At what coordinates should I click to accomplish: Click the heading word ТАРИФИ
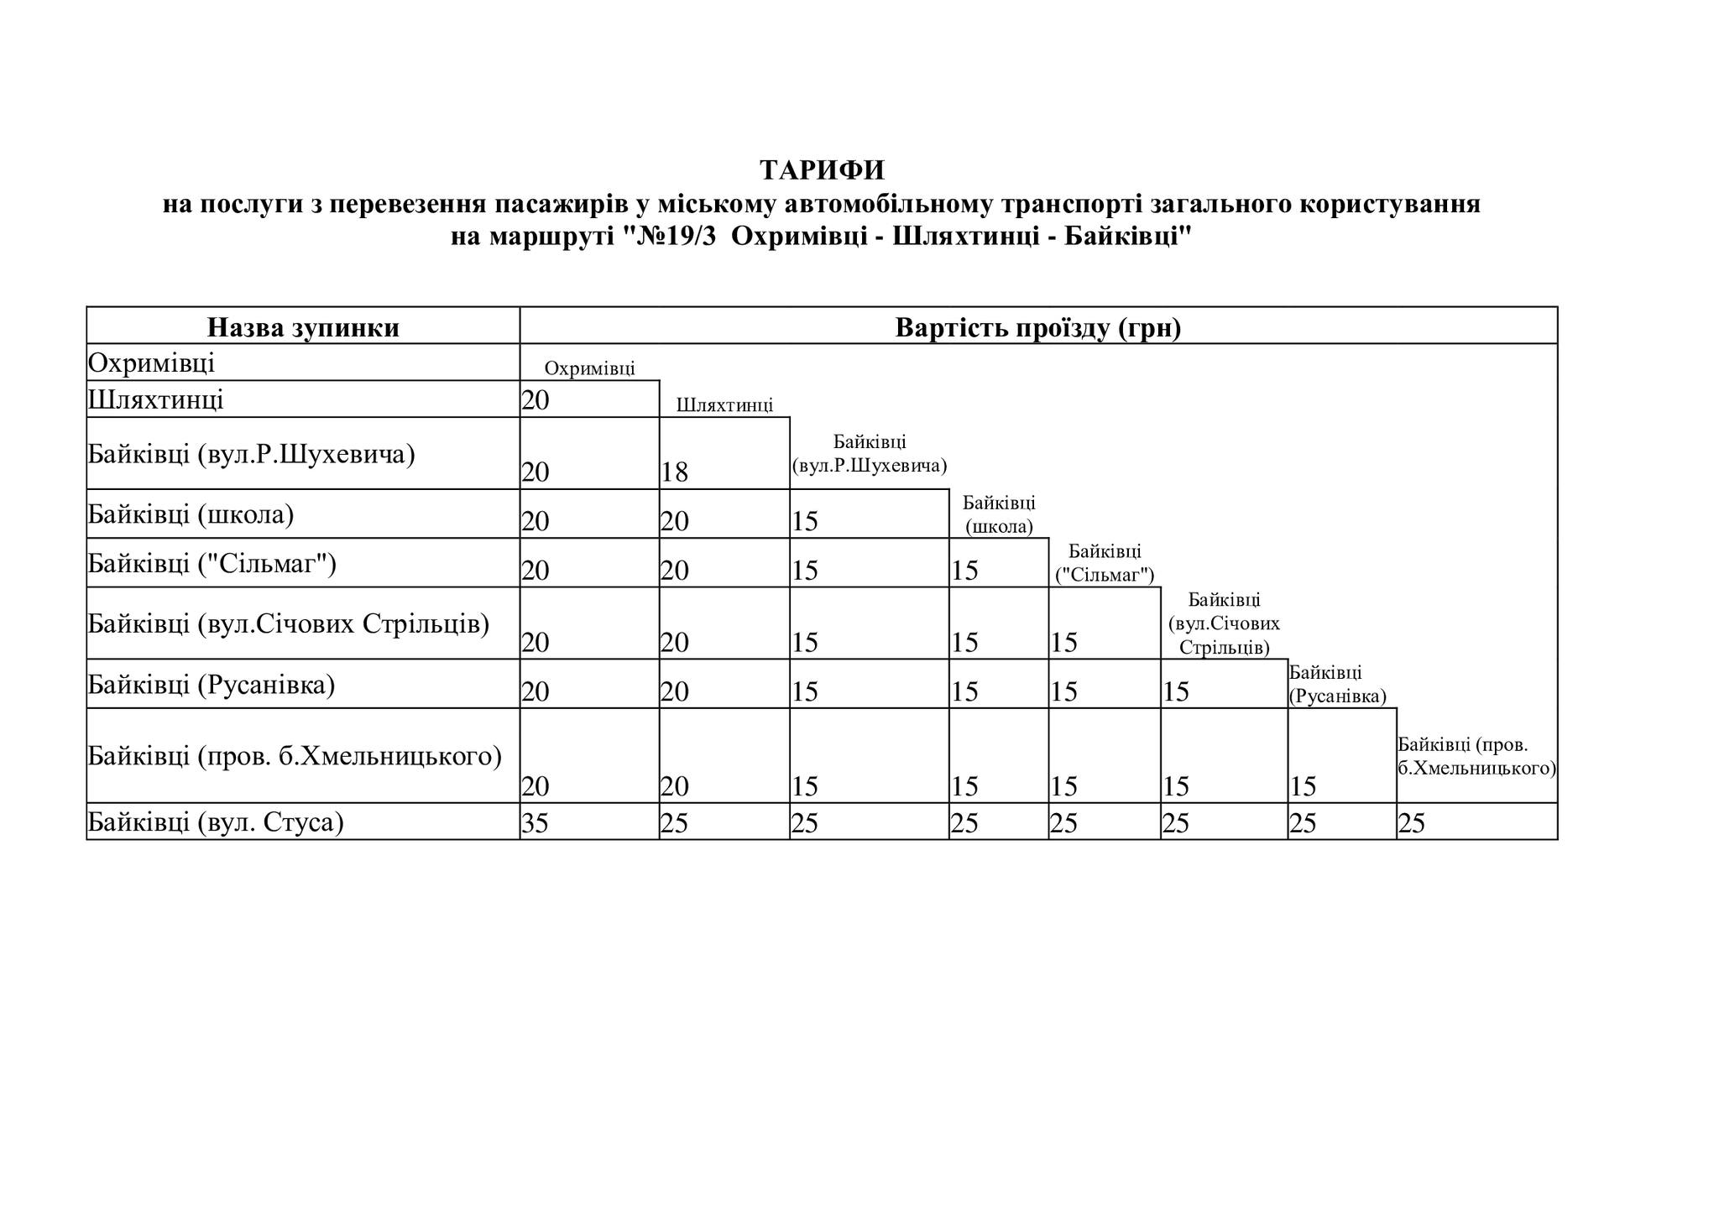[822, 170]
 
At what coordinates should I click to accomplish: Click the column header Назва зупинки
[303, 327]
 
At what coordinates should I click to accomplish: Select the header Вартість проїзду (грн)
[1038, 327]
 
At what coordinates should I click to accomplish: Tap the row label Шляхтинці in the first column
[156, 399]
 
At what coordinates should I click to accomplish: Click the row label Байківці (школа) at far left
[191, 514]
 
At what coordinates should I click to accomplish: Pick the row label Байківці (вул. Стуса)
[217, 822]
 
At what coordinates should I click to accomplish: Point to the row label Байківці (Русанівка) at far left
[212, 686]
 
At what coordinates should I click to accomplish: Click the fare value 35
[535, 823]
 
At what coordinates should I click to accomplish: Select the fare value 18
[674, 472]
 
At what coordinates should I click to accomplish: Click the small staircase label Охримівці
[589, 368]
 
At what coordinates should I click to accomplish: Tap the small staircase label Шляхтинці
[724, 406]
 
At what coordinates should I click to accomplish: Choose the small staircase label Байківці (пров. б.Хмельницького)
[1476, 756]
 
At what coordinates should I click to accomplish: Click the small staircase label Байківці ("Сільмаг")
[1105, 563]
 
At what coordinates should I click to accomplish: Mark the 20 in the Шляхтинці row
[535, 401]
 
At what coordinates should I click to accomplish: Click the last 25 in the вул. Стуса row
[1412, 823]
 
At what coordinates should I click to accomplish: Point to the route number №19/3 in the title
[677, 237]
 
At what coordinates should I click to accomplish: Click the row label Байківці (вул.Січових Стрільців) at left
[289, 624]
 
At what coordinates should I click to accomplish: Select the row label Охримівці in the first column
[152, 363]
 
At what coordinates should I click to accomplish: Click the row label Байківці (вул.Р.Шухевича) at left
[252, 455]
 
